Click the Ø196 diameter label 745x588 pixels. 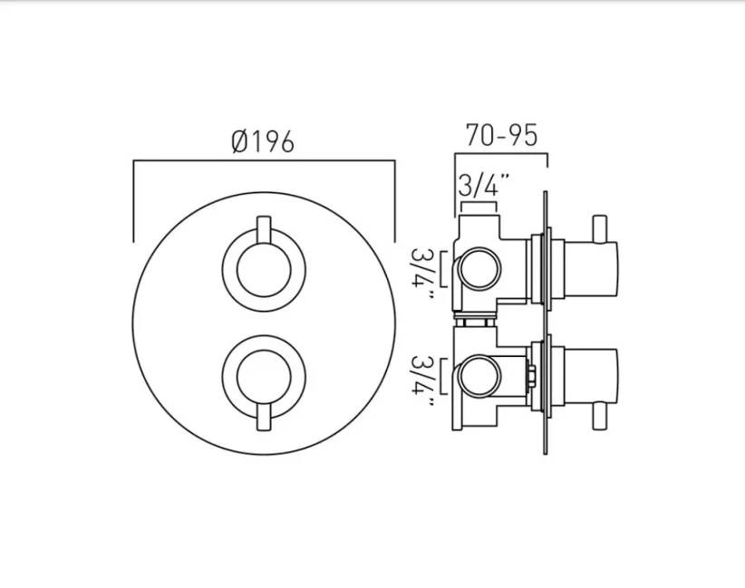coord(263,141)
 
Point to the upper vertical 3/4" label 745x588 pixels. coord(423,269)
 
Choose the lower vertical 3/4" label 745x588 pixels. coord(423,379)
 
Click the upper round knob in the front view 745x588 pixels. coord(264,269)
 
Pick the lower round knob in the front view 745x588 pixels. coord(264,375)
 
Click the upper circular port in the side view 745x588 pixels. coord(479,269)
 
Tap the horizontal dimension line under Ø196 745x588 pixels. coord(264,161)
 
